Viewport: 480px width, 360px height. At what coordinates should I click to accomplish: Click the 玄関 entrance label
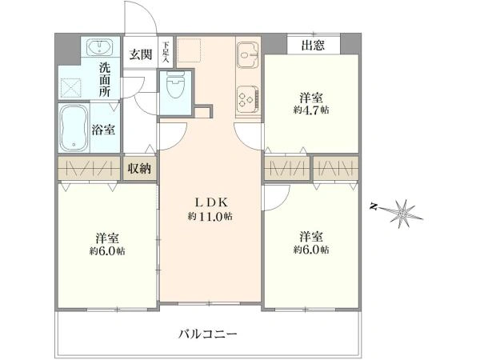click(x=140, y=54)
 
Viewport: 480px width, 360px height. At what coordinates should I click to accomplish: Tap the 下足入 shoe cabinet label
click(x=166, y=52)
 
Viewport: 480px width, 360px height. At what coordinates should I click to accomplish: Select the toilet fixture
click(x=175, y=85)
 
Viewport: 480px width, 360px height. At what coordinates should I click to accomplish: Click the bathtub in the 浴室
click(x=74, y=128)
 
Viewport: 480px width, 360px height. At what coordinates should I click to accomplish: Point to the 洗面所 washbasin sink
click(x=99, y=47)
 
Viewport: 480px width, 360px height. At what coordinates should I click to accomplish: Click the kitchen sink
click(x=248, y=55)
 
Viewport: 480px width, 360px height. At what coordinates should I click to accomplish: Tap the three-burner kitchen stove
click(x=248, y=98)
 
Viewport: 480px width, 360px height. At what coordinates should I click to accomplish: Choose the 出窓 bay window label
click(x=313, y=46)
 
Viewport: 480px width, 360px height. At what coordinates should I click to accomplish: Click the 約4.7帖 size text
click(x=311, y=110)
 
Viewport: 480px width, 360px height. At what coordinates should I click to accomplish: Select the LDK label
click(x=211, y=202)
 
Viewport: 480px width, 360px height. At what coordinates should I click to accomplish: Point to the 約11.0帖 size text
click(x=210, y=217)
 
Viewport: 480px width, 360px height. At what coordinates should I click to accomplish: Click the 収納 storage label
click(x=139, y=168)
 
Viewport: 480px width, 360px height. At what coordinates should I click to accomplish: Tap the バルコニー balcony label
click(x=208, y=334)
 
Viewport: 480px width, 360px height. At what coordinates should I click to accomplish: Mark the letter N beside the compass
click(x=373, y=207)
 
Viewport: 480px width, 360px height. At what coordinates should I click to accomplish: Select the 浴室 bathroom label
click(x=103, y=130)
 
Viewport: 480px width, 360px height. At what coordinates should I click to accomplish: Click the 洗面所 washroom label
click(x=105, y=79)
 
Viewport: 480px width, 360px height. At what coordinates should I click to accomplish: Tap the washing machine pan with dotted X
click(x=71, y=88)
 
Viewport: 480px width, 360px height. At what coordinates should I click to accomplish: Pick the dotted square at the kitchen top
click(x=189, y=50)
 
